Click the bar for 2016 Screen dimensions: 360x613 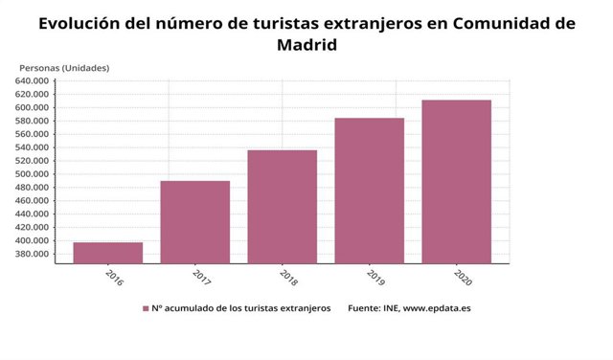click(108, 253)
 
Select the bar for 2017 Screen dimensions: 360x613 click(195, 222)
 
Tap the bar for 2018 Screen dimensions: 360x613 click(283, 207)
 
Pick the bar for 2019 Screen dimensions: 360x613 click(370, 191)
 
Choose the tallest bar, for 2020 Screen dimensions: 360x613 click(457, 182)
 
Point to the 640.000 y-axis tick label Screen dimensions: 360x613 click(32, 81)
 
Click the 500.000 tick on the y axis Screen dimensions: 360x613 click(32, 174)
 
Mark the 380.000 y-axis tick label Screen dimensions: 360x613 click(32, 255)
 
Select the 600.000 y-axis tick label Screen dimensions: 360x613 click(32, 107)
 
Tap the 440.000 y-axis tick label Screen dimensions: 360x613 click(32, 214)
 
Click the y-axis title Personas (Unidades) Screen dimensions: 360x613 click(64, 67)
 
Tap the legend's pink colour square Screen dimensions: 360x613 click(145, 308)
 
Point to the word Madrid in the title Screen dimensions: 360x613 click(307, 45)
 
